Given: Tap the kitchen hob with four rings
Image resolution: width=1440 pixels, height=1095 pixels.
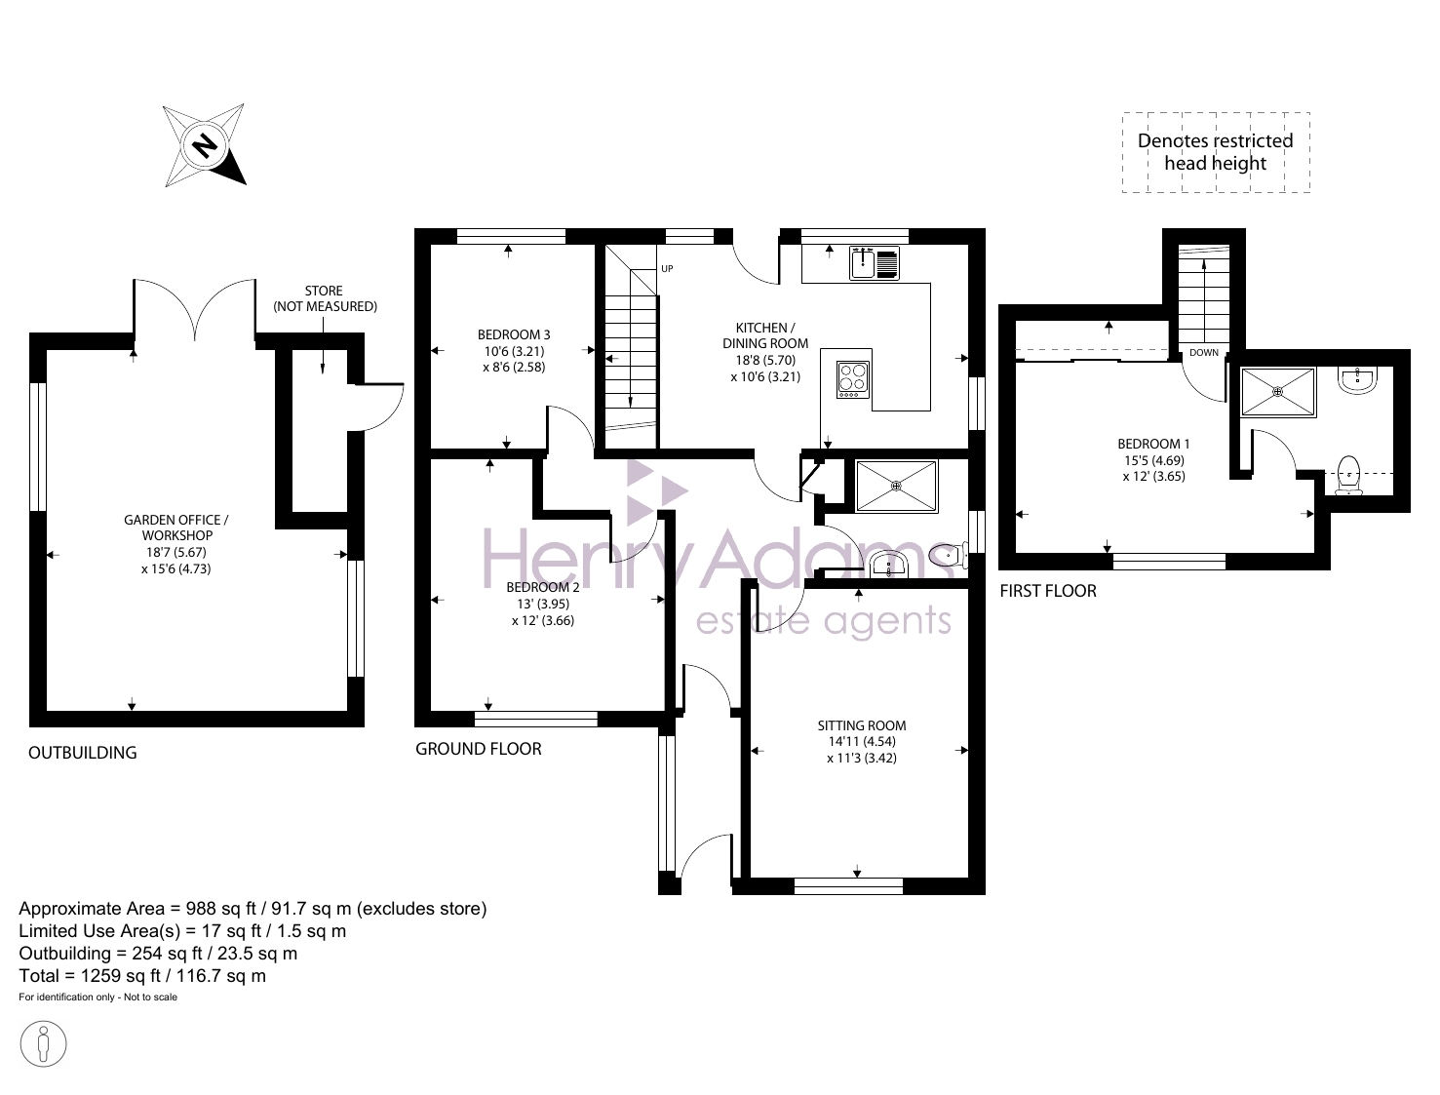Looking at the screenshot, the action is coord(853,379).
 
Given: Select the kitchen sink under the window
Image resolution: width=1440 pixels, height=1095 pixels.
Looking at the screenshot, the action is coord(874,263).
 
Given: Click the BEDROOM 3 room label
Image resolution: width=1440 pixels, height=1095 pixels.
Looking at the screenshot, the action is coord(514,334).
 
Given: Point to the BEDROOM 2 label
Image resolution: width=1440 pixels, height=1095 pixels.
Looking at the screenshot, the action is coord(542,587).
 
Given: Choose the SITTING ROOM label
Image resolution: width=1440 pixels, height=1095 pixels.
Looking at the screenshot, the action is coord(862,725).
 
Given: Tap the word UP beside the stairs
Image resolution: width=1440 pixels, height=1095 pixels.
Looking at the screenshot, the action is coord(667,268).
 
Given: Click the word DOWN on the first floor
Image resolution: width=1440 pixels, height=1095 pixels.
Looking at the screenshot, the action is coord(1204,352).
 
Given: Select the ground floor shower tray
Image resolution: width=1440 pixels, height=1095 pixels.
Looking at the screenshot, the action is coord(896,486).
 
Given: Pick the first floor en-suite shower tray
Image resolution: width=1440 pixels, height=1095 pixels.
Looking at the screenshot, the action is coord(1278,392).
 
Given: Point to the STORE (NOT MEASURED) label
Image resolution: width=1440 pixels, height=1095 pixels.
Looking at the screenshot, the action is coord(325,298).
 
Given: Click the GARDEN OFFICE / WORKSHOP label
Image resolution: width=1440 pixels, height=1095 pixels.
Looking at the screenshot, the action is coord(176,528).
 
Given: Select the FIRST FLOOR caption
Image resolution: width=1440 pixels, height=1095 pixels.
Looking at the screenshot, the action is coord(1048,591).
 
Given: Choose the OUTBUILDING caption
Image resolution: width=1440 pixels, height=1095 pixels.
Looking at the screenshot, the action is coord(83,753).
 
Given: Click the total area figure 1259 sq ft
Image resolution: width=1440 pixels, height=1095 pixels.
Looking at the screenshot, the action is coord(121,976).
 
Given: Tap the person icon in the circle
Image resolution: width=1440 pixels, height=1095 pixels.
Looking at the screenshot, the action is coord(43,1044).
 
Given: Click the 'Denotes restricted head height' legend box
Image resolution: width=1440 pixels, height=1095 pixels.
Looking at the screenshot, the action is coord(1216,152).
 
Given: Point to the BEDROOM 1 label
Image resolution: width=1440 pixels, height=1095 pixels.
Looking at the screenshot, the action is coord(1153,445).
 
